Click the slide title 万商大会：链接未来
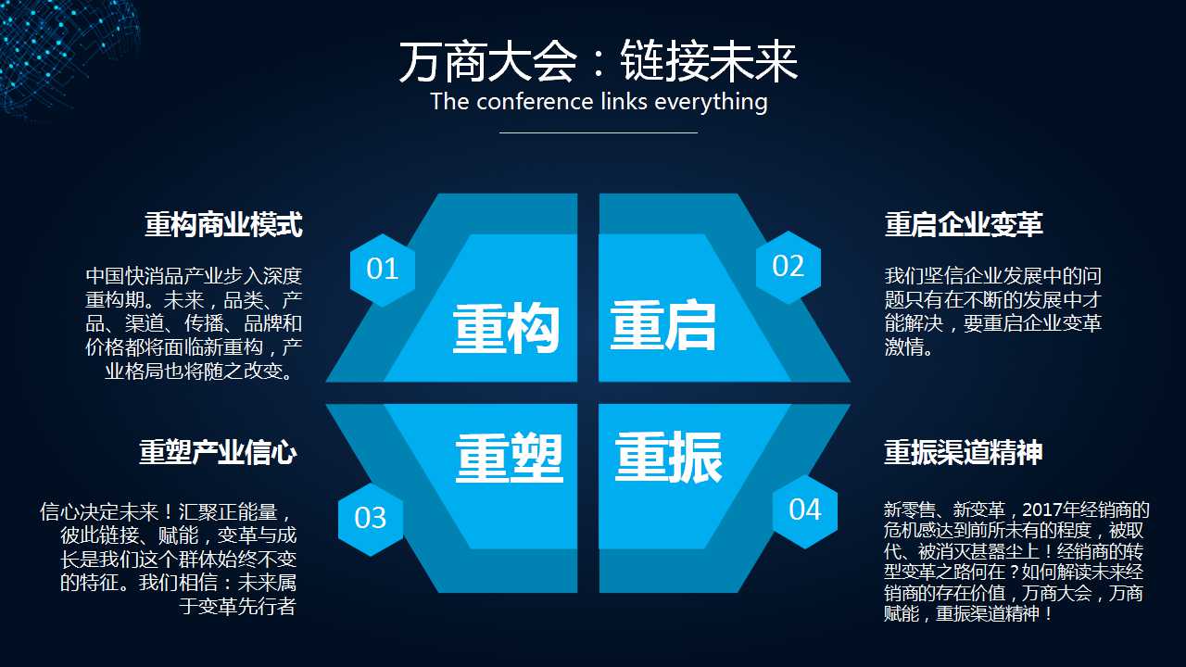pyautogui.click(x=599, y=63)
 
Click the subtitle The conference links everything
pyautogui.click(x=599, y=102)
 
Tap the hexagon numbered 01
pyautogui.click(x=382, y=270)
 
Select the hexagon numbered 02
pyautogui.click(x=788, y=267)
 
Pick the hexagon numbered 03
pyautogui.click(x=370, y=518)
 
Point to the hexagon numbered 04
pyautogui.click(x=804, y=510)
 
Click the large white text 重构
pyautogui.click(x=506, y=329)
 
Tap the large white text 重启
pyautogui.click(x=663, y=325)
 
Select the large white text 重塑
pyautogui.click(x=509, y=458)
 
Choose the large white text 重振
pyautogui.click(x=668, y=458)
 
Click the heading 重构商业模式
pyautogui.click(x=223, y=224)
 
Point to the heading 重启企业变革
pyautogui.click(x=964, y=224)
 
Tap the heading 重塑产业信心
pyautogui.click(x=218, y=452)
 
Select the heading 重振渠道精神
pyautogui.click(x=964, y=452)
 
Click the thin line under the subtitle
pyautogui.click(x=599, y=132)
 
